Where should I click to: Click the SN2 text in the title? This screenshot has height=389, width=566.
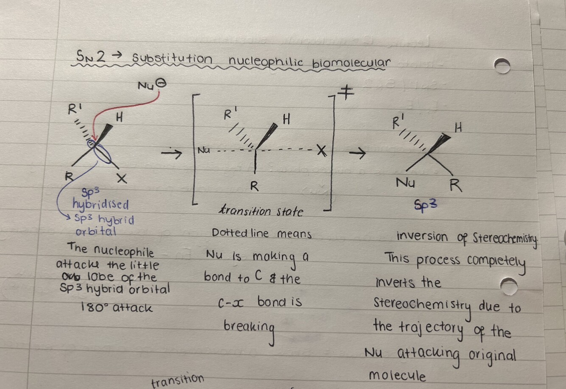point(91,56)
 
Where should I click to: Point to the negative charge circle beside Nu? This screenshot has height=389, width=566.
point(161,84)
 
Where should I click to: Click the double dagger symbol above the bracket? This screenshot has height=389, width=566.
point(346,92)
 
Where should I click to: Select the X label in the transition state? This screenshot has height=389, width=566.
point(322,151)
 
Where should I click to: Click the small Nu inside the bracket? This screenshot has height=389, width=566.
point(204,151)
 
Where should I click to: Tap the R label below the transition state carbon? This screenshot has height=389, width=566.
point(255,186)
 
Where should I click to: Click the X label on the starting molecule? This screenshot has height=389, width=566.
point(122,178)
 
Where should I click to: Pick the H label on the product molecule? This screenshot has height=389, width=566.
point(458,127)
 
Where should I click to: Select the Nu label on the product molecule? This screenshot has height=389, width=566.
point(405,182)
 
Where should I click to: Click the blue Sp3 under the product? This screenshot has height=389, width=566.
point(426,205)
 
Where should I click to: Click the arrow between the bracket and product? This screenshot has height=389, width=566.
point(357,153)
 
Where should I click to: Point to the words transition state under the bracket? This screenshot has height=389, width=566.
point(261,211)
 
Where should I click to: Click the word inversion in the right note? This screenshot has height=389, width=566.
point(422,237)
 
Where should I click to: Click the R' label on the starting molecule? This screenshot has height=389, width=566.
point(75,109)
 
